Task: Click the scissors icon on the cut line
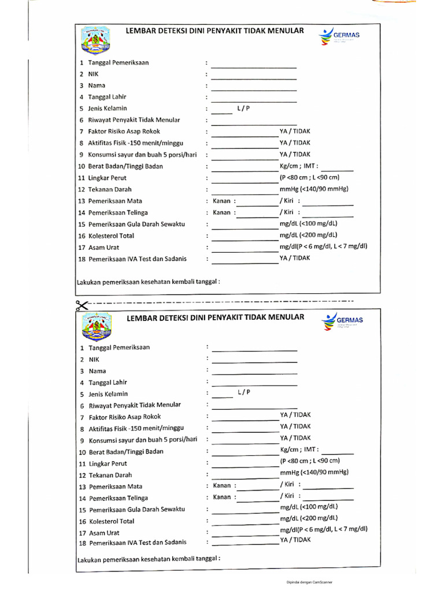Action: (82, 305)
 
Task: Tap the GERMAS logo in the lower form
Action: (343, 323)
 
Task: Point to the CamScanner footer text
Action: (309, 582)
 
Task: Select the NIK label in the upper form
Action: (93, 74)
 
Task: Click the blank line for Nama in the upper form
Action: (254, 89)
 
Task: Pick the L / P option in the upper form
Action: (243, 108)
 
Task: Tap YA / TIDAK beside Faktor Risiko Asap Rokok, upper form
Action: (295, 131)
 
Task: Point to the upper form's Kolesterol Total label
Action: (110, 235)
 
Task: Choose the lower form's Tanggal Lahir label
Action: (108, 382)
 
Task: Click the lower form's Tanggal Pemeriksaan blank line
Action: (254, 351)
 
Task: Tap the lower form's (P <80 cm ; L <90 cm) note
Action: (309, 461)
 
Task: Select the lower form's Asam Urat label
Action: (104, 533)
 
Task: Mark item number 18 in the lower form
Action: (82, 544)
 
